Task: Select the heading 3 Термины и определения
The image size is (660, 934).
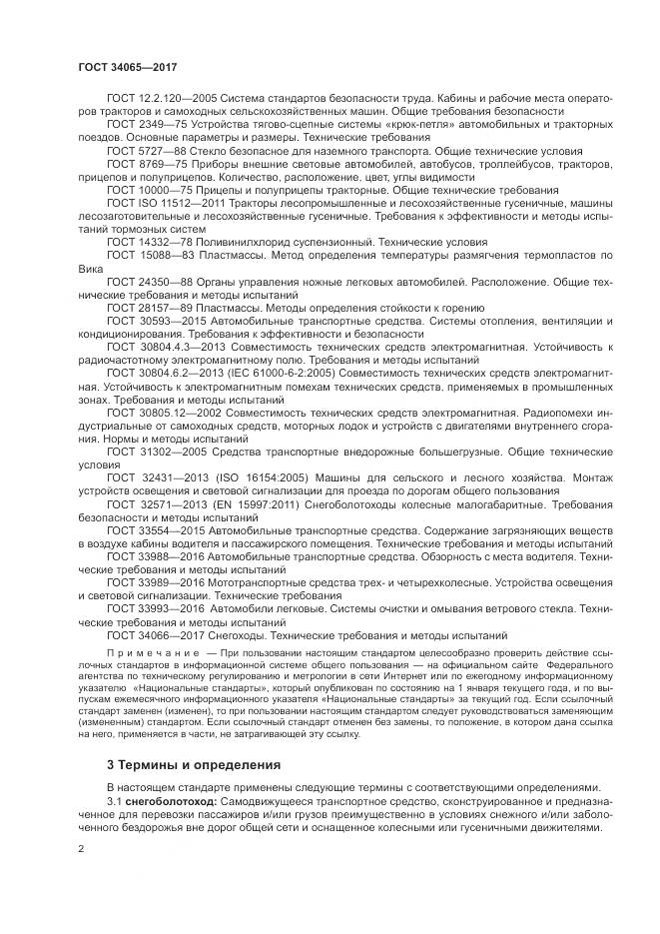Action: pyautogui.click(x=181, y=765)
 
